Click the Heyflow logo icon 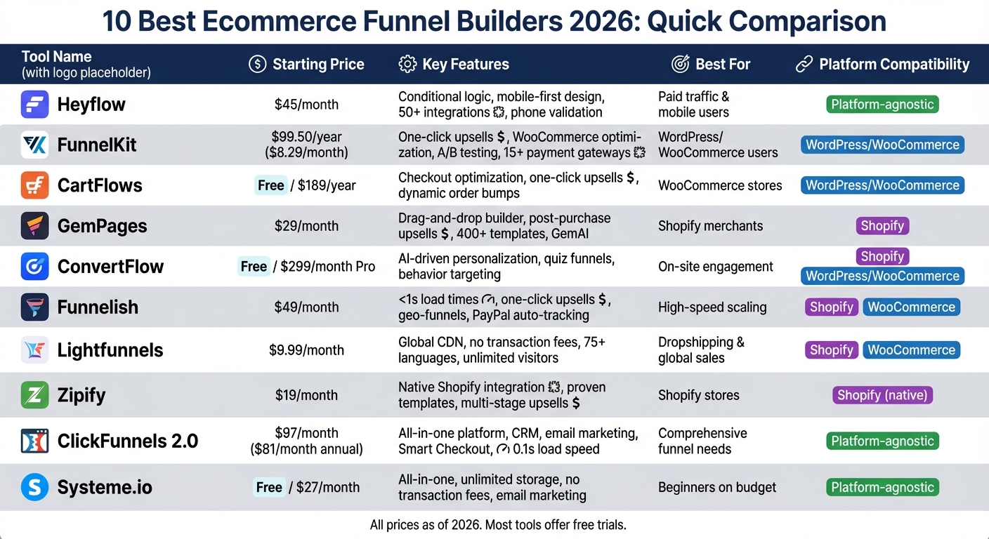tap(34, 105)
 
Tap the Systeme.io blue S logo tap(34, 487)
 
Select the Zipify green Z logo tap(34, 395)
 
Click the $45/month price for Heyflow tap(306, 105)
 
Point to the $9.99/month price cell tap(306, 350)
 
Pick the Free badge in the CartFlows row tap(270, 185)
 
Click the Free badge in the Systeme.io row tap(269, 487)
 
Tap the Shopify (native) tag tap(882, 395)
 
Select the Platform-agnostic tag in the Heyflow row tap(882, 105)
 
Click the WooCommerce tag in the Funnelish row tap(911, 307)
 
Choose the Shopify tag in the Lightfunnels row tap(832, 350)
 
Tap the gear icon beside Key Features tap(407, 64)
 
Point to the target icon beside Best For tap(680, 64)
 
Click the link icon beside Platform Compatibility tap(804, 64)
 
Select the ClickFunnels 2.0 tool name tap(127, 441)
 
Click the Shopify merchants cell tap(710, 226)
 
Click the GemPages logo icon tap(34, 226)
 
